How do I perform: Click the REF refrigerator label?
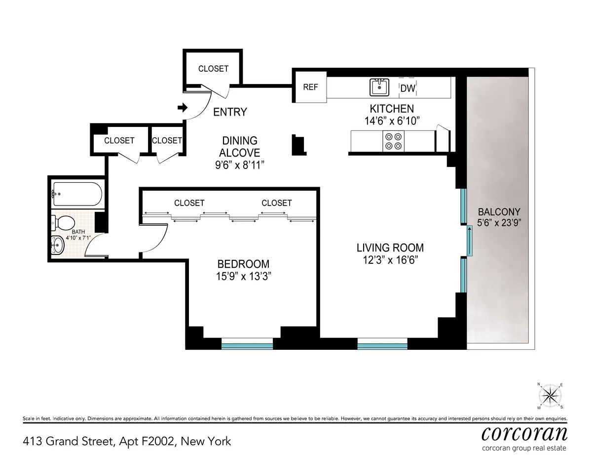pyautogui.click(x=310, y=87)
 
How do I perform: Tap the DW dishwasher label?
pyautogui.click(x=407, y=89)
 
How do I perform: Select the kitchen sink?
pyautogui.click(x=379, y=87)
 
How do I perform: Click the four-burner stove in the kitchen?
pyautogui.click(x=393, y=141)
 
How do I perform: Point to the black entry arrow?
pyautogui.click(x=183, y=107)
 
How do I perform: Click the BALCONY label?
pyautogui.click(x=499, y=212)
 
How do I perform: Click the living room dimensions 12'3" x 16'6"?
pyautogui.click(x=390, y=260)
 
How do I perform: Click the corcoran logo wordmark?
pyautogui.click(x=524, y=433)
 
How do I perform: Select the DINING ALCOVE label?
pyautogui.click(x=240, y=147)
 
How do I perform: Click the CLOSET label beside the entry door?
pyautogui.click(x=213, y=69)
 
